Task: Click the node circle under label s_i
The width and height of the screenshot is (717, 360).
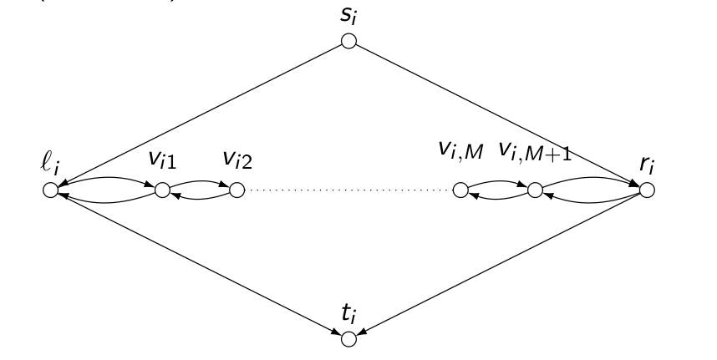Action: coord(348,41)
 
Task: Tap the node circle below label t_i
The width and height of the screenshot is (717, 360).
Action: coord(348,338)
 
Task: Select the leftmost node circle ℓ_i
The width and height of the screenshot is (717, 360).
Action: coord(50,190)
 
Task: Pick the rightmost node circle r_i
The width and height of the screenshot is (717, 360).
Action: coord(647,190)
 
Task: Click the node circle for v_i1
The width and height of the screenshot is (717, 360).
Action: coord(162,190)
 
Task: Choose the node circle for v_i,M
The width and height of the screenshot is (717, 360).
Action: coord(460,190)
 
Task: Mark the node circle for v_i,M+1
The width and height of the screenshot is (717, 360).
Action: coord(534,190)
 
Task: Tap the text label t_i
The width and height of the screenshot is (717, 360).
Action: coord(348,315)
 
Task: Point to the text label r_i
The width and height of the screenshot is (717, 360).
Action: coord(647,165)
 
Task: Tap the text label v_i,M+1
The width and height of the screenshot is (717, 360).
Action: coord(529,152)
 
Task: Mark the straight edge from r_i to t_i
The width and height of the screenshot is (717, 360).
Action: coord(498,264)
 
